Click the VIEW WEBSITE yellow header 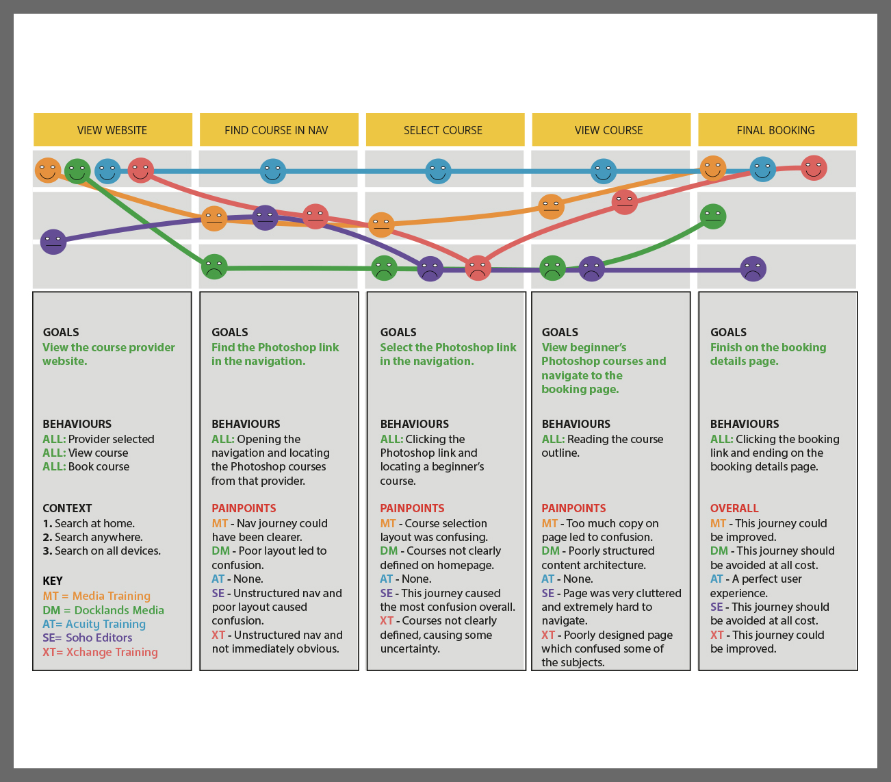click(x=112, y=130)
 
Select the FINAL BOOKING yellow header click(x=776, y=130)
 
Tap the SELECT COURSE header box click(x=443, y=130)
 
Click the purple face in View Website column click(x=53, y=241)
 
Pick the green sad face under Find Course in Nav click(x=214, y=266)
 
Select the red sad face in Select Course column click(x=478, y=268)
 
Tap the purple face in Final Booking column click(x=753, y=268)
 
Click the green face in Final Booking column click(x=713, y=216)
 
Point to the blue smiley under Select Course click(x=438, y=171)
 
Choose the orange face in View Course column click(x=551, y=206)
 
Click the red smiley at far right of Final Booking click(x=814, y=168)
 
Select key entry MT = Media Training click(x=96, y=596)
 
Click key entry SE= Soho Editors click(x=88, y=638)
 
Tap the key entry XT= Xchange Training click(x=100, y=652)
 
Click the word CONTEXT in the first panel click(x=67, y=508)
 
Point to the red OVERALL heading click(x=734, y=508)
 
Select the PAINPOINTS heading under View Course click(x=573, y=508)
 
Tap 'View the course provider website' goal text click(x=108, y=354)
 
